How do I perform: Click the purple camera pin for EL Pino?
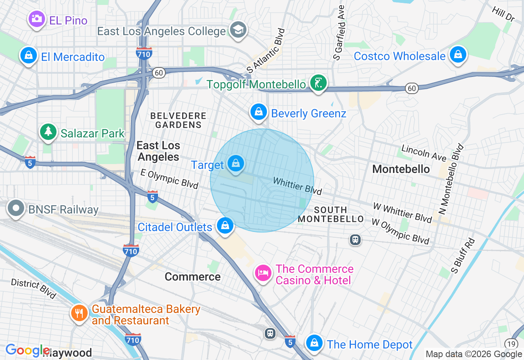(x=36, y=19)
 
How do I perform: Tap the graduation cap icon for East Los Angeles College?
(x=238, y=30)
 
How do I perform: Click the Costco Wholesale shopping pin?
(x=458, y=54)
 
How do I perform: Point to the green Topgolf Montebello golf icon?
(x=318, y=83)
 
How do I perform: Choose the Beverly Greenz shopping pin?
(x=258, y=111)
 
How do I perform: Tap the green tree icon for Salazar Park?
(x=48, y=131)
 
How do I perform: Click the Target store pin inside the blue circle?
(x=235, y=163)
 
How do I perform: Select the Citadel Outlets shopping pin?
(x=225, y=225)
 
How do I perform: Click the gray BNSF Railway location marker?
(x=16, y=208)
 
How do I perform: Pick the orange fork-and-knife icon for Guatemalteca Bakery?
(x=79, y=314)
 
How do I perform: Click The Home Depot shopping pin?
(x=314, y=343)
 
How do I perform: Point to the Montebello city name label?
(x=401, y=169)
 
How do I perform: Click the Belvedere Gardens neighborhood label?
(x=178, y=120)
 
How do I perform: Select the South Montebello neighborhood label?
(x=331, y=214)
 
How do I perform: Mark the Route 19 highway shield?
(x=511, y=344)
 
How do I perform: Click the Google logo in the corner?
(x=28, y=351)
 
